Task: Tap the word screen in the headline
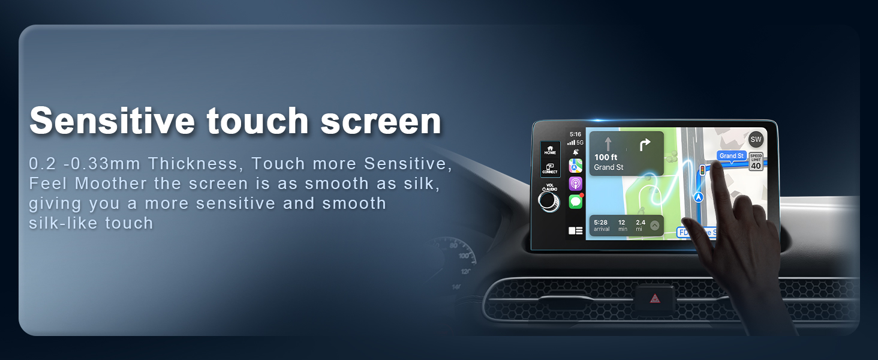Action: (381, 121)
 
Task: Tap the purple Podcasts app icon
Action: (576, 184)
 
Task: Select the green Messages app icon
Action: (576, 202)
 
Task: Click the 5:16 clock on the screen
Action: (575, 134)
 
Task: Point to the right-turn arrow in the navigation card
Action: (645, 145)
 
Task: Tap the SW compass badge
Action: (756, 140)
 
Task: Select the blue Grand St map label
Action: (731, 156)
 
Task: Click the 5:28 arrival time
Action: (601, 223)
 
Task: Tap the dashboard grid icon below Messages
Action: (576, 230)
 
